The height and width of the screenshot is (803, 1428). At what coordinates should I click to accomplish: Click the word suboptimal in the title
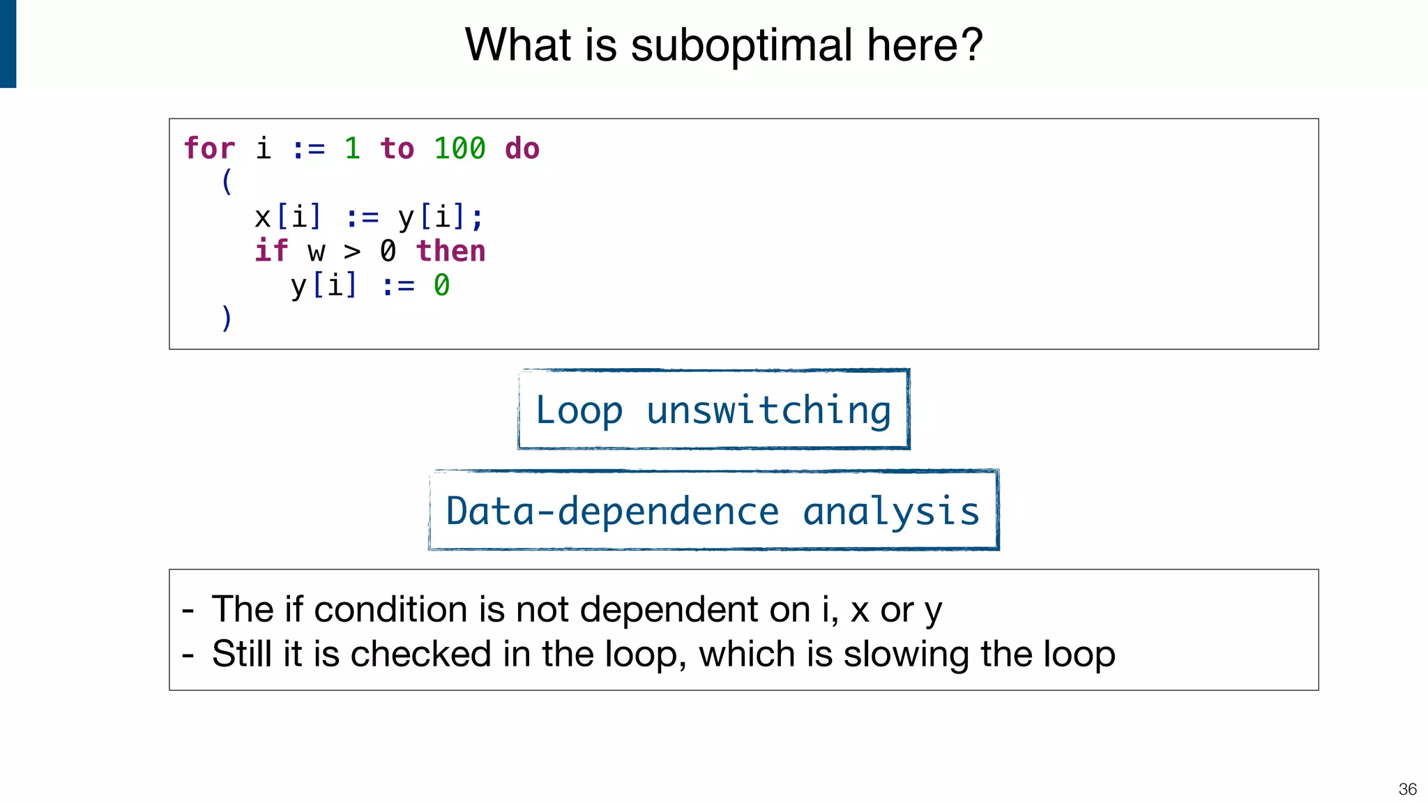(741, 46)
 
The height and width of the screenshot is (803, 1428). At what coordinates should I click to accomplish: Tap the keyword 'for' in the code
(209, 148)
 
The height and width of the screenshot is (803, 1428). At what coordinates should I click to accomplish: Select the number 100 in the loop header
(459, 148)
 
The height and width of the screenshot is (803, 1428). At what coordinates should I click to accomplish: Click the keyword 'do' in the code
(522, 148)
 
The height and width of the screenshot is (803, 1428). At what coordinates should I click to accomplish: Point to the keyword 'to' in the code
(397, 148)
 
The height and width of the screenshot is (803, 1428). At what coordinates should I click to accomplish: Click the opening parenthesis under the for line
(227, 182)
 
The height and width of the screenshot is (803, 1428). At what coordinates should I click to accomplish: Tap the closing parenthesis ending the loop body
(227, 319)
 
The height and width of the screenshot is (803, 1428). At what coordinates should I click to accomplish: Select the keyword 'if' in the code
(271, 251)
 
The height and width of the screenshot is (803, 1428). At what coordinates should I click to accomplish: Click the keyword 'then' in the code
(450, 251)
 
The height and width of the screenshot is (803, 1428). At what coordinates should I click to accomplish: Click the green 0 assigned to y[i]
(441, 286)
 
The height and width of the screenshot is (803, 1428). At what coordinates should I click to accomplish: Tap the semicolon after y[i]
(477, 219)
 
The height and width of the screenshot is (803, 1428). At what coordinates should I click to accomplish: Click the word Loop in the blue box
(579, 411)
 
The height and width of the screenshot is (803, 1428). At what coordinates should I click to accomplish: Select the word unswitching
(768, 411)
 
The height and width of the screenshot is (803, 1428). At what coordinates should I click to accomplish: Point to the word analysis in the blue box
(891, 512)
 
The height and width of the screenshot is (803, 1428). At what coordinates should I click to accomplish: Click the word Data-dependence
(612, 512)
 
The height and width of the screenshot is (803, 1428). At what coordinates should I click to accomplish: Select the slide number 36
(1407, 789)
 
